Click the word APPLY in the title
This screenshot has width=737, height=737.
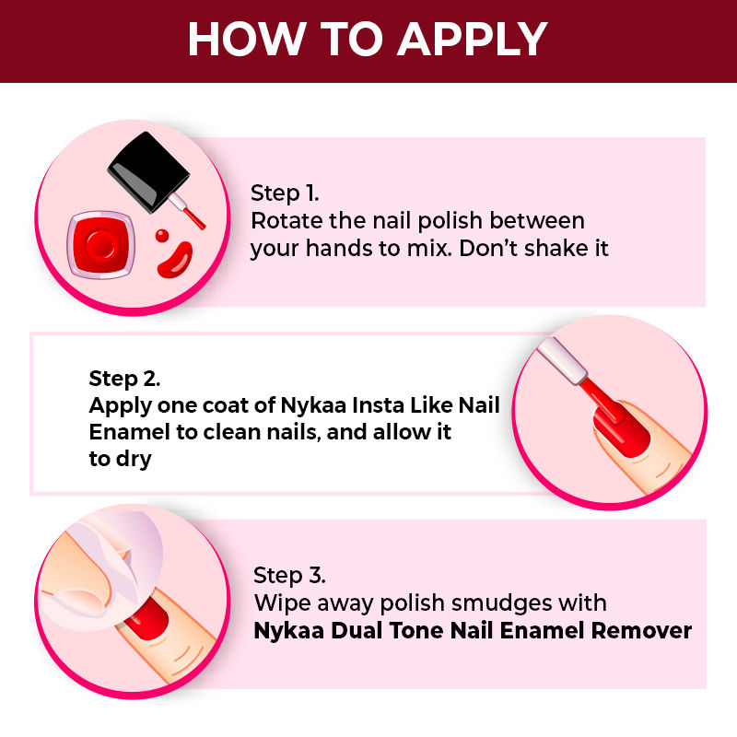pos(473,39)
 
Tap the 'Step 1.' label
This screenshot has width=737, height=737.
pos(285,193)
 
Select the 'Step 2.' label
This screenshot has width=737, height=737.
pos(124,379)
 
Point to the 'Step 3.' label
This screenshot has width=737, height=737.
pos(289,576)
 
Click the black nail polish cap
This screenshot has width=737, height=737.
pos(148,171)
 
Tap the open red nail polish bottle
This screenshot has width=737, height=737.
pos(101,244)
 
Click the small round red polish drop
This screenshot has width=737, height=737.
pos(162,236)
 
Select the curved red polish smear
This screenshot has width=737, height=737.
pos(175,260)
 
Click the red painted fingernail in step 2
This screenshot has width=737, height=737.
pos(622,429)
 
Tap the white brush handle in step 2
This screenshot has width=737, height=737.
pos(562,360)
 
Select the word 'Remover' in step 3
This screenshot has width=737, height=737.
pos(641,631)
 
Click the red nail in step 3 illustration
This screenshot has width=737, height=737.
pos(147,618)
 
